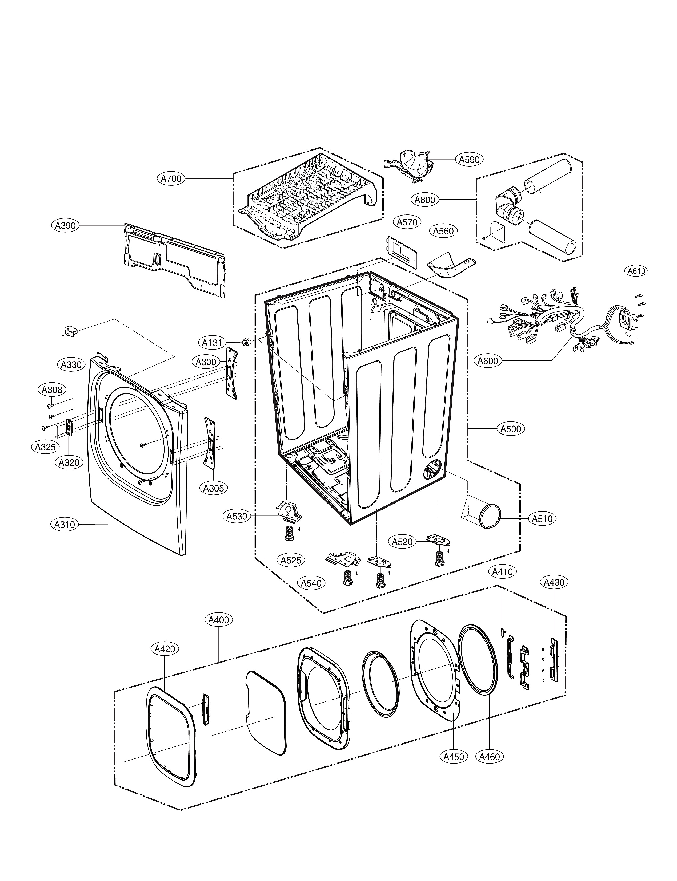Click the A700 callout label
171,178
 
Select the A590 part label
470,160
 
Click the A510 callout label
542,519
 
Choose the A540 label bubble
311,583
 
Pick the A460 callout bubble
490,757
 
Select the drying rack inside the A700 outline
308,197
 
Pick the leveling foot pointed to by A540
347,579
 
